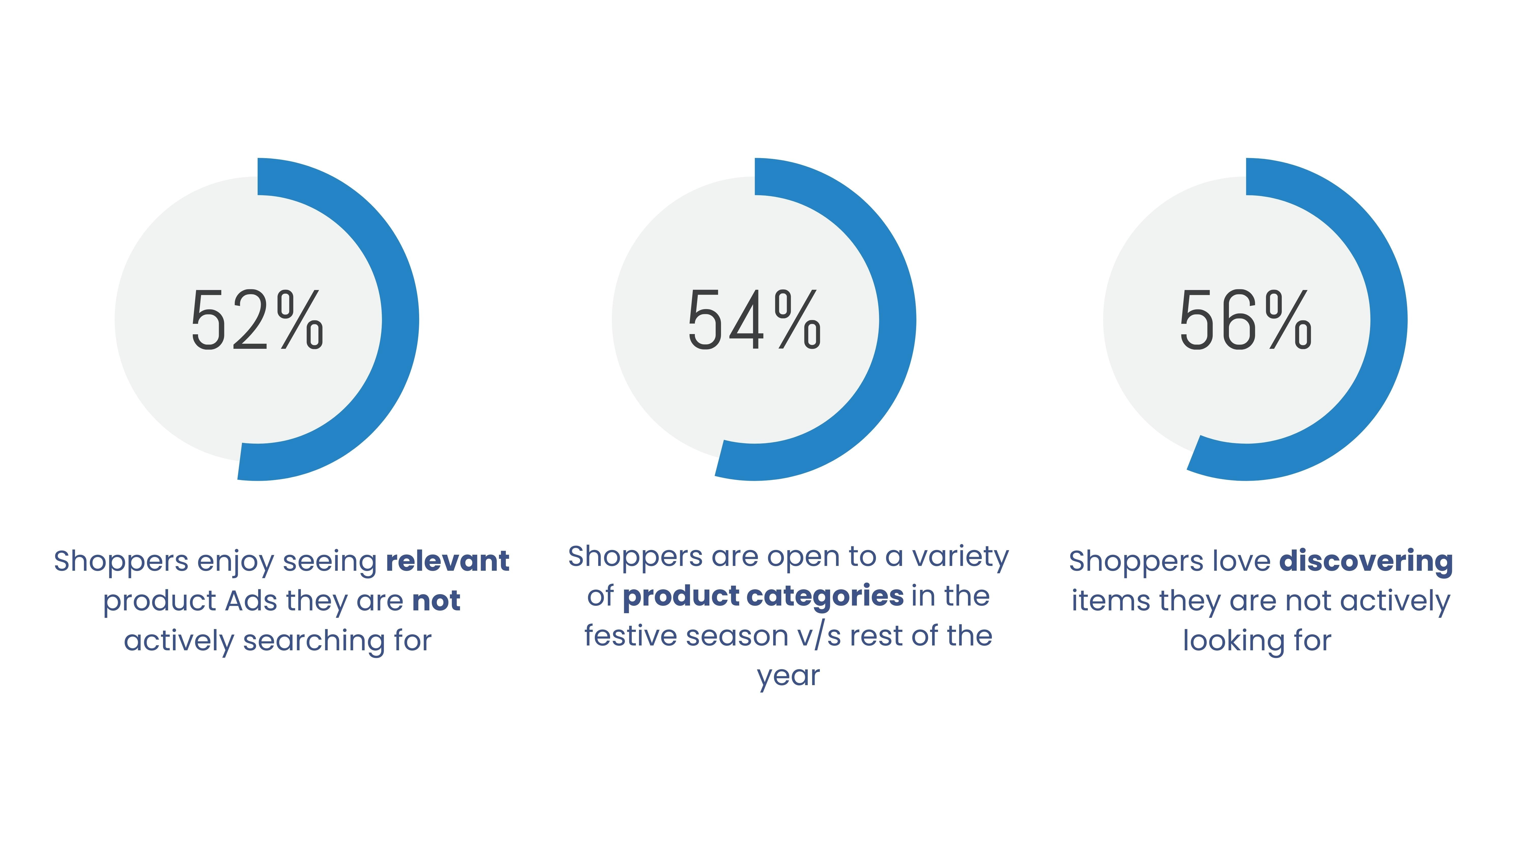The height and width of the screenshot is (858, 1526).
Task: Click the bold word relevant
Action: (x=447, y=561)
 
